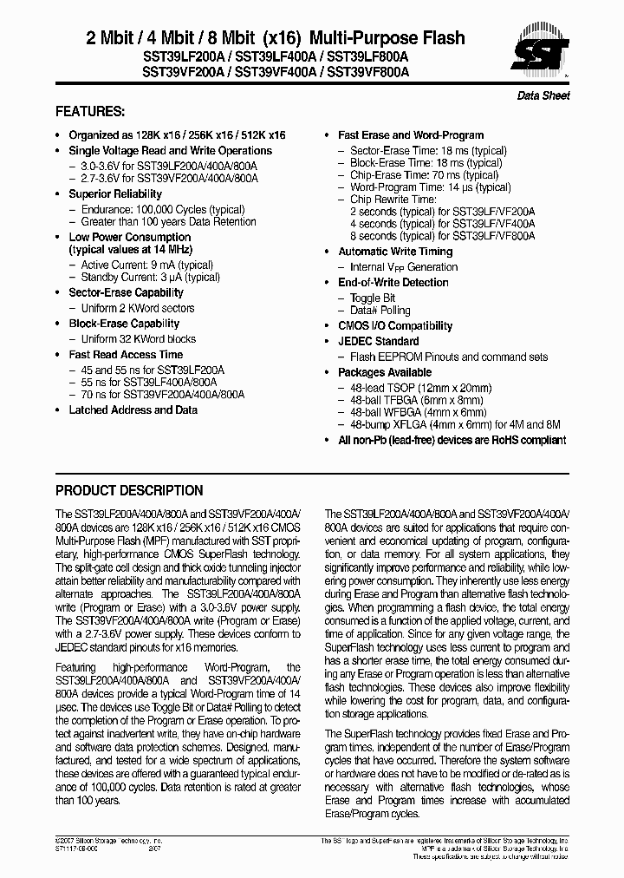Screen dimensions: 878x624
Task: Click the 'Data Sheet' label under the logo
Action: click(543, 95)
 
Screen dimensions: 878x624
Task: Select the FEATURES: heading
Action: click(90, 112)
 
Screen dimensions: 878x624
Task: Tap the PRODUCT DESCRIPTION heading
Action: click(129, 490)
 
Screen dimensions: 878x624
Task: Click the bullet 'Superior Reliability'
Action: click(115, 194)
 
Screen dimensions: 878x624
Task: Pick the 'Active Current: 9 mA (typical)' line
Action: click(146, 265)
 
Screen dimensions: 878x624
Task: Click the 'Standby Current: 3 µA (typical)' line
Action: click(150, 278)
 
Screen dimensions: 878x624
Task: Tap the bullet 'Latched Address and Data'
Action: click(133, 410)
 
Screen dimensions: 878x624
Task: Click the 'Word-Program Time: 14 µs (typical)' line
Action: click(430, 187)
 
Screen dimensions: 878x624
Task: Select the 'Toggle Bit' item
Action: click(372, 298)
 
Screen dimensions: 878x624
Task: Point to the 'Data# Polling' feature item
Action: click(380, 311)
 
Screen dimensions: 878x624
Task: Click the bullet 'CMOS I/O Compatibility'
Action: click(394, 326)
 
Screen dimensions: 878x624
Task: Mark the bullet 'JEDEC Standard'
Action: click(378, 341)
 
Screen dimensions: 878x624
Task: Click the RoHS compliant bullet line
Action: click(451, 440)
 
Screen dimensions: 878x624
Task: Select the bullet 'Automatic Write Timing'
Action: click(394, 252)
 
